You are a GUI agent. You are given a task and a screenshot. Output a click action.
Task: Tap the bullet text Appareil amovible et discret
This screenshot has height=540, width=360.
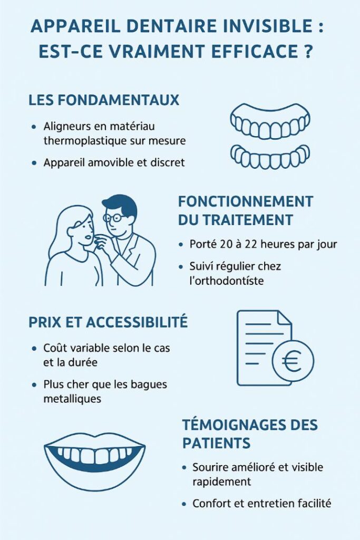tap(114, 162)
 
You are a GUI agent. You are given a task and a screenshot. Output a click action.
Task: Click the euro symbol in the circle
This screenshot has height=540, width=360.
tap(292, 361)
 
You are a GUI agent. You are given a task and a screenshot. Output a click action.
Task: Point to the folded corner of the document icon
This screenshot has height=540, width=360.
tap(284, 318)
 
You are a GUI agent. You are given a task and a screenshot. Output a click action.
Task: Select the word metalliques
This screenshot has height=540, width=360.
tap(72, 399)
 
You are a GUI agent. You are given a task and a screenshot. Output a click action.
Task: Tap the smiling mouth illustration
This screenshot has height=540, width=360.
tap(95, 456)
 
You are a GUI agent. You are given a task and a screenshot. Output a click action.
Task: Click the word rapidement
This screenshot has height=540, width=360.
tap(221, 482)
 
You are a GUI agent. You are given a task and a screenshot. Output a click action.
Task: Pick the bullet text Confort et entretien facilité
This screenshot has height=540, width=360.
tap(261, 504)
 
